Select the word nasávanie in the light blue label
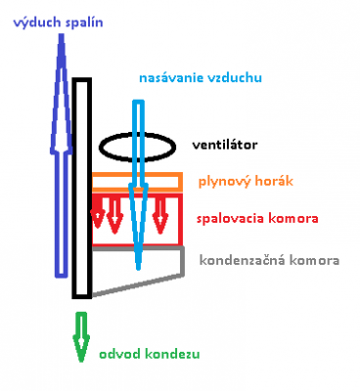coord(171,78)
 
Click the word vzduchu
coord(234,78)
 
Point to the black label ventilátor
coord(225,145)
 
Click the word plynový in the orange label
coord(224,182)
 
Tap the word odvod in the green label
coord(120,354)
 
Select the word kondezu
coord(172,354)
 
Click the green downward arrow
coord(81,337)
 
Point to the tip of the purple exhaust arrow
coord(61,34)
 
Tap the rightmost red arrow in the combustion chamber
coord(160,216)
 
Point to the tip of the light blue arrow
coord(138,269)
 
